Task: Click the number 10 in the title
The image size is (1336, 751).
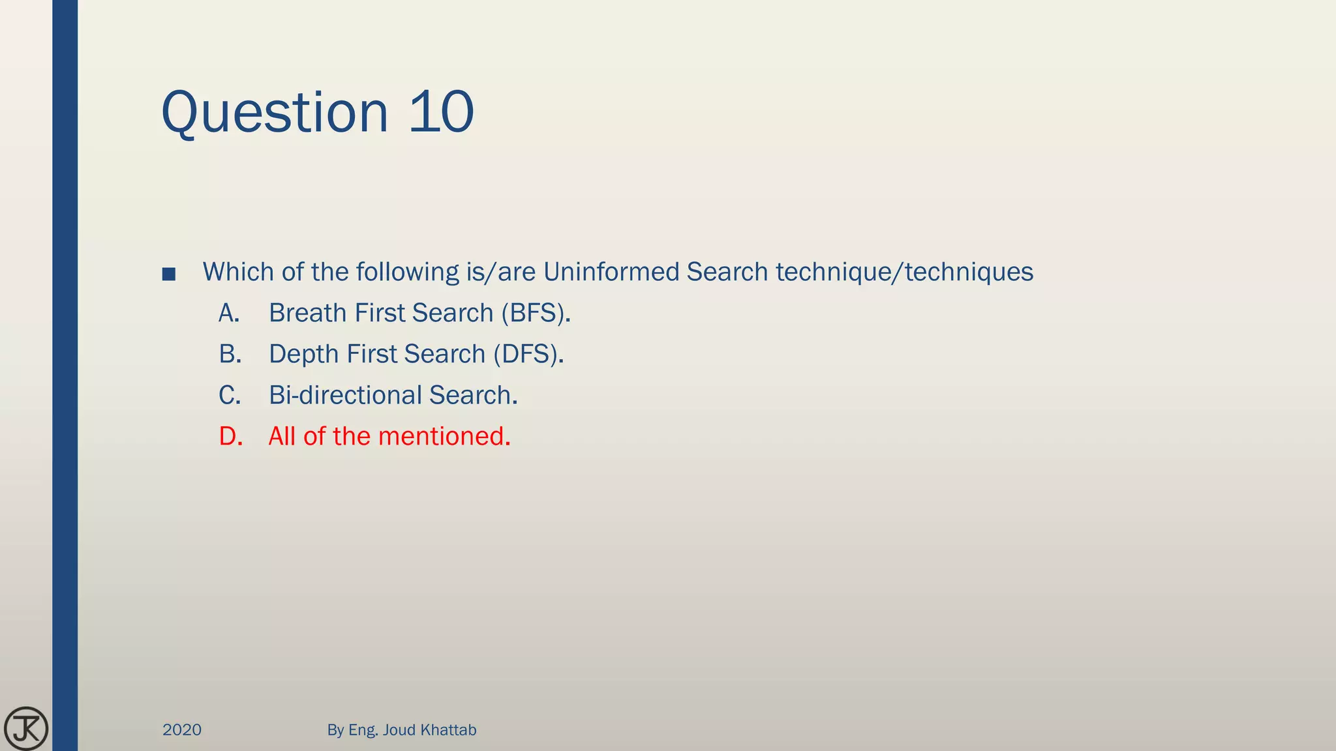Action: pos(441,112)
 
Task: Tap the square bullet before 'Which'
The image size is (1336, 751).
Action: pos(168,274)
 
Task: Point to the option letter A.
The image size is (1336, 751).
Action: pos(229,314)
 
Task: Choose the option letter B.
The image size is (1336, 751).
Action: pos(230,355)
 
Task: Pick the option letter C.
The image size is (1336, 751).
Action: pos(230,396)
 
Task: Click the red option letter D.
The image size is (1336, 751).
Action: pos(230,437)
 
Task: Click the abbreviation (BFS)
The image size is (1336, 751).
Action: pos(536,314)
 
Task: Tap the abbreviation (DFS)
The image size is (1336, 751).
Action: pos(528,355)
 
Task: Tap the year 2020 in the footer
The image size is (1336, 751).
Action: pos(182,730)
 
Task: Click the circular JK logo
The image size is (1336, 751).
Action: pos(26,728)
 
